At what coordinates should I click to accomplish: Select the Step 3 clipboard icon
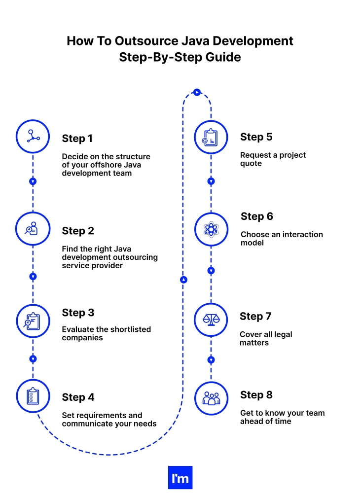pyautogui.click(x=33, y=321)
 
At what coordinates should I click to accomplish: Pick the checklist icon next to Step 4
pyautogui.click(x=33, y=396)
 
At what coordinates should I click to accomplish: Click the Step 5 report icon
pyautogui.click(x=211, y=137)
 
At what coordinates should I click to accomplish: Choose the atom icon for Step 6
pyautogui.click(x=211, y=229)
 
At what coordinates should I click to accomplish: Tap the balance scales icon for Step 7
pyautogui.click(x=211, y=320)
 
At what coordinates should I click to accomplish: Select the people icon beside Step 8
pyautogui.click(x=211, y=398)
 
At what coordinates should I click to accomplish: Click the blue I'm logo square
pyautogui.click(x=180, y=477)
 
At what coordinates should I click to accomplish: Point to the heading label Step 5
pyautogui.click(x=256, y=137)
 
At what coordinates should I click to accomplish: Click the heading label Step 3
pyautogui.click(x=78, y=313)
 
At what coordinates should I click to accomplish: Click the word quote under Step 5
pyautogui.click(x=251, y=163)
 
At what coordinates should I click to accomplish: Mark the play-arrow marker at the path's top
pyautogui.click(x=197, y=92)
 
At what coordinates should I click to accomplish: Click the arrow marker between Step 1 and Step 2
pyautogui.click(x=33, y=181)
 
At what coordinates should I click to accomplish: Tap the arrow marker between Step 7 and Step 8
pyautogui.click(x=211, y=360)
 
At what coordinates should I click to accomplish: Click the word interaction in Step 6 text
pyautogui.click(x=300, y=234)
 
